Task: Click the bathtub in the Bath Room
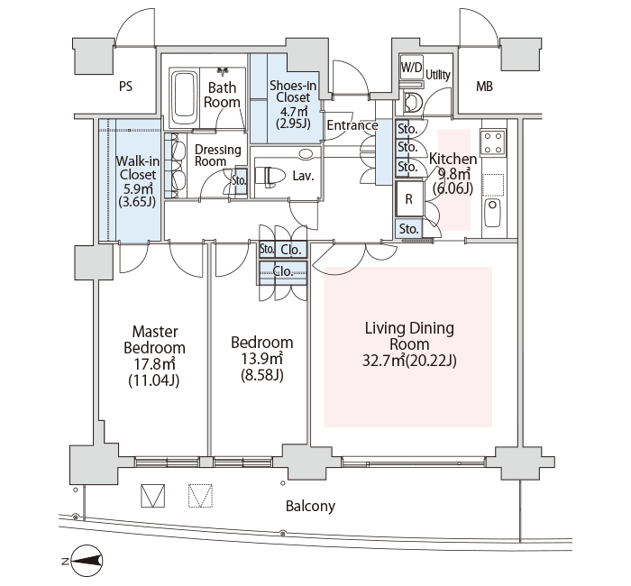pos(185,98)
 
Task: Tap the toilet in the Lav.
pos(268,176)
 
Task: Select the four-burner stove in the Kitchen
pos(492,142)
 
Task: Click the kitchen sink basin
pos(492,212)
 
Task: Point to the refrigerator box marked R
pos(409,199)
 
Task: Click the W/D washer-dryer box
pos(411,68)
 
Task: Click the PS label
pos(125,87)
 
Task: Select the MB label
pos(484,87)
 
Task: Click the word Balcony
pos(310,506)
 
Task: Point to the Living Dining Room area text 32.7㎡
pos(383,361)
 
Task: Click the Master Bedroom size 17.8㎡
pos(154,364)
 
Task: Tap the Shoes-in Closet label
pos(293,91)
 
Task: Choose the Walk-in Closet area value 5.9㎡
pos(137,188)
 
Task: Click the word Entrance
pos(352,125)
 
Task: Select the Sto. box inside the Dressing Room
pos(240,181)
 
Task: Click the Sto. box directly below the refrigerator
pos(409,229)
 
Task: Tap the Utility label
pos(438,75)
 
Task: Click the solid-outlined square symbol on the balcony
pos(153,495)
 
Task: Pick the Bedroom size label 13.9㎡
pos(262,358)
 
